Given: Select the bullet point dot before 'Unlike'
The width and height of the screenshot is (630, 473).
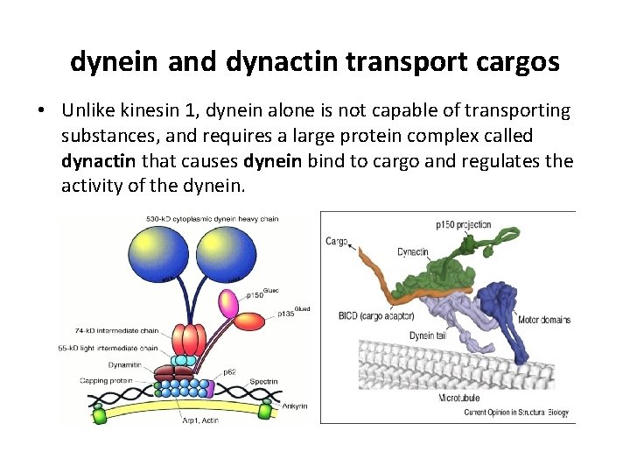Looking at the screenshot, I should coord(42,112).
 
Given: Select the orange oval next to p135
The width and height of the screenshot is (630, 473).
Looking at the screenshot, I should coord(253,322).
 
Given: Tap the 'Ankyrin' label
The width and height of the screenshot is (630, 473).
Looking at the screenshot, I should coord(293,406).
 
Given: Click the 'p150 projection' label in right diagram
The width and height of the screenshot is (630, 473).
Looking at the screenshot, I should coord(464,225).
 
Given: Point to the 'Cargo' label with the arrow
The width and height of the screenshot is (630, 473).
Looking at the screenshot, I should coord(337,241).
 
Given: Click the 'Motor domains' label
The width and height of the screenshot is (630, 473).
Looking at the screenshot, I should coord(543,320).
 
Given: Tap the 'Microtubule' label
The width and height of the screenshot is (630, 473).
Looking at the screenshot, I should coord(459,399).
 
